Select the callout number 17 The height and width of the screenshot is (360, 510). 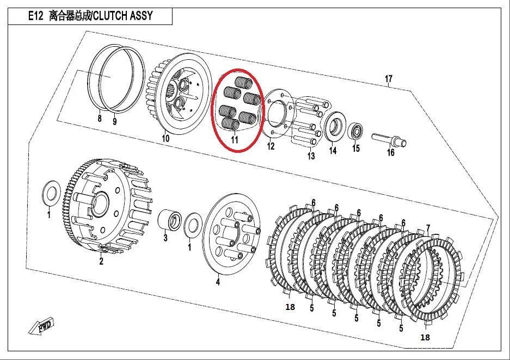(388, 79)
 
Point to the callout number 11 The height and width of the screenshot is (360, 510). (235, 140)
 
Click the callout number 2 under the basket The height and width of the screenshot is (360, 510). (101, 262)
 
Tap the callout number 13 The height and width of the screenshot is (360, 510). (311, 157)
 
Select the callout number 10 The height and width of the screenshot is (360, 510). (165, 139)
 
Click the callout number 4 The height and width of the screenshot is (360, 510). (218, 282)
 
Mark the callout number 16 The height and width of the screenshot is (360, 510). (390, 153)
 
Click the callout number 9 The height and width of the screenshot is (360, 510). (114, 122)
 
